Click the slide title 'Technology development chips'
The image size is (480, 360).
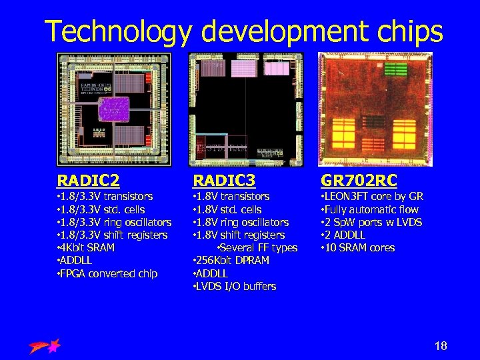pyautogui.click(x=243, y=31)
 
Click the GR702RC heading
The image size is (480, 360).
pyautogui.click(x=359, y=181)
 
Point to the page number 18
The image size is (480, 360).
pyautogui.click(x=441, y=345)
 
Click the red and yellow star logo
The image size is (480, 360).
pyautogui.click(x=45, y=346)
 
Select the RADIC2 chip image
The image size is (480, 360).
pyautogui.click(x=113, y=109)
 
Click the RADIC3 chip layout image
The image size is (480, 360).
pyautogui.click(x=245, y=109)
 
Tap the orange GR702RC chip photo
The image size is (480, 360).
pyautogui.click(x=375, y=109)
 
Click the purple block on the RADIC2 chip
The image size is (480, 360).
pyautogui.click(x=113, y=109)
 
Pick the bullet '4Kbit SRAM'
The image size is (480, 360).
pyautogui.click(x=86, y=248)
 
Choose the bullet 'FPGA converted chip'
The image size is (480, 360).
pyautogui.click(x=107, y=273)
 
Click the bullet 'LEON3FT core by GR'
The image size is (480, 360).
pyautogui.click(x=372, y=197)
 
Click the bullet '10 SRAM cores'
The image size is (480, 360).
pyautogui.click(x=358, y=248)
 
